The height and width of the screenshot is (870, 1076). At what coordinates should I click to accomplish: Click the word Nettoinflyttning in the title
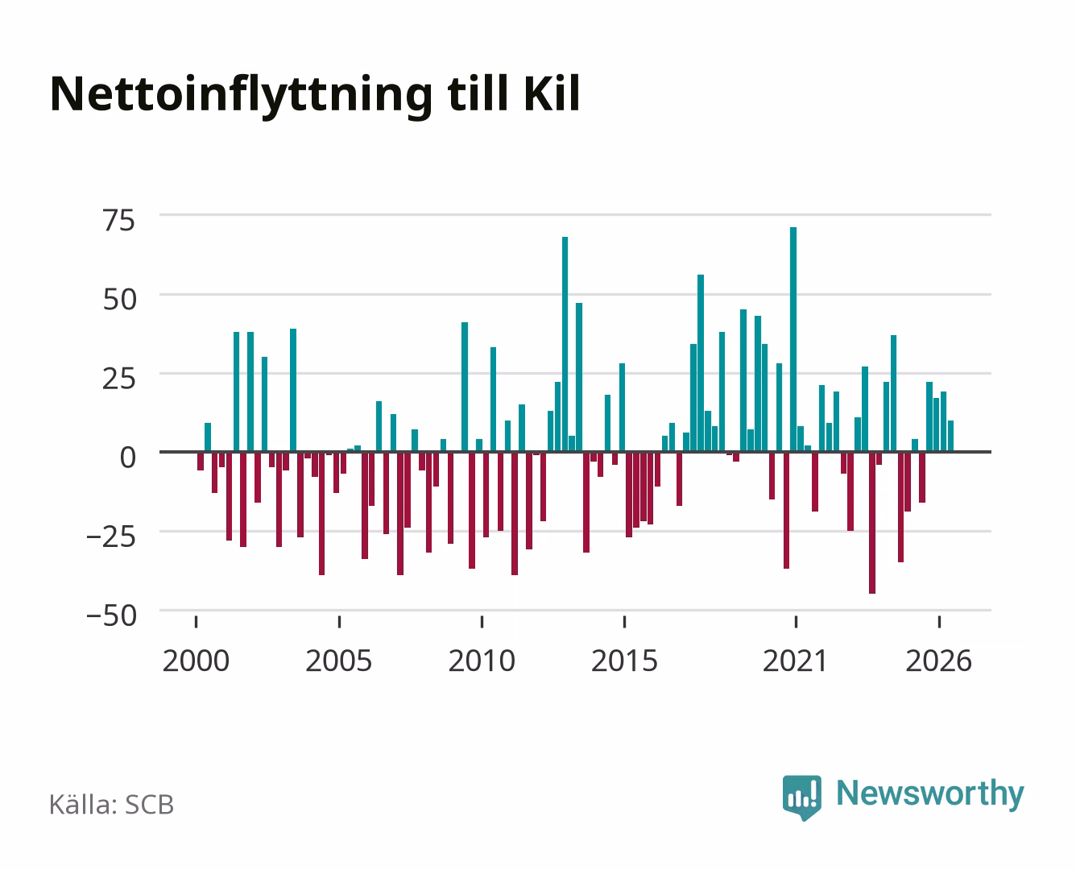click(241, 96)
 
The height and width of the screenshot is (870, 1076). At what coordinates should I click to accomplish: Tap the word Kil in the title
click(552, 93)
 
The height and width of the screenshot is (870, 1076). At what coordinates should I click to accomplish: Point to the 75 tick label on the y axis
click(119, 221)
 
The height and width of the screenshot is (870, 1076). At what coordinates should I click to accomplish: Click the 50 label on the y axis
click(120, 300)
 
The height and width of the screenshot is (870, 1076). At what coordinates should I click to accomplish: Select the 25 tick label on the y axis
click(119, 379)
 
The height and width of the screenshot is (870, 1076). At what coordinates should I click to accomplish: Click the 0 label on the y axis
click(128, 458)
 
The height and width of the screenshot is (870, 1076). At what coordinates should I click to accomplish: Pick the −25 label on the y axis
click(111, 536)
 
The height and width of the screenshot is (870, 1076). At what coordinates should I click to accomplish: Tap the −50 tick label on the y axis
click(111, 616)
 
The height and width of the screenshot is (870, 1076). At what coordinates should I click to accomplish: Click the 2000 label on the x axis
click(196, 661)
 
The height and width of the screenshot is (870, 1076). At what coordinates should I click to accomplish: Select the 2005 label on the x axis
click(339, 661)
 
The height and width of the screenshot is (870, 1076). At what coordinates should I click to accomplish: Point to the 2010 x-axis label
click(482, 661)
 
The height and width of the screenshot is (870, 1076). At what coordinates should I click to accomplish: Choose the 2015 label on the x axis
click(625, 661)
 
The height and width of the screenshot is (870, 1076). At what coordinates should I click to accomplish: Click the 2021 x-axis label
click(796, 661)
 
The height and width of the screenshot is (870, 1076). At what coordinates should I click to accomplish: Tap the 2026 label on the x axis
click(939, 661)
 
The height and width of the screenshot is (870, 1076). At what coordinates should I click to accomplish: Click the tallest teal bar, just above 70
click(793, 339)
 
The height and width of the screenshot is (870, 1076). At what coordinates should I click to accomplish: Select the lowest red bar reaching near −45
click(872, 523)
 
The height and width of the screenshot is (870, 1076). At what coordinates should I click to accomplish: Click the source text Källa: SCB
click(112, 805)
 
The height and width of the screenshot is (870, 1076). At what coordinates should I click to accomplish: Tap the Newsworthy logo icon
click(802, 797)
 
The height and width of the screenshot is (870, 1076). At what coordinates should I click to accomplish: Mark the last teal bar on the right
click(950, 436)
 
